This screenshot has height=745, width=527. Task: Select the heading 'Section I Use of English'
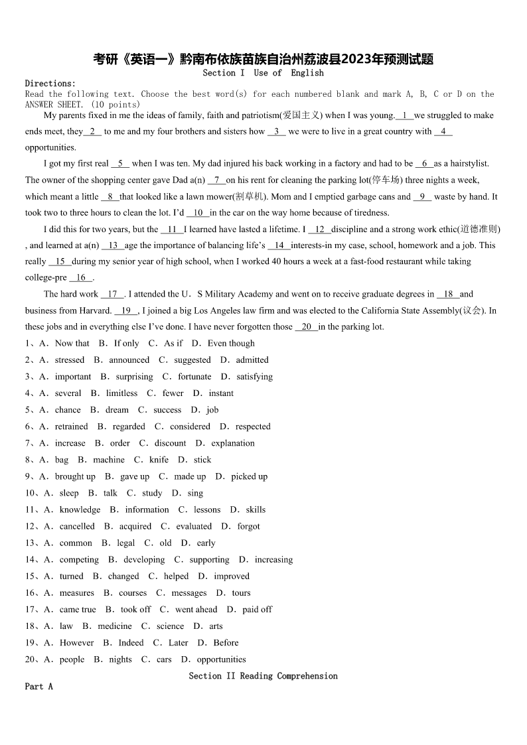263,73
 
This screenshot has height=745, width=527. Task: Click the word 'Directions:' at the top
50,84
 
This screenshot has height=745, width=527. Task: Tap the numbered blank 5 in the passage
120,164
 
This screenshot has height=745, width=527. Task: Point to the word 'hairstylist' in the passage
470,164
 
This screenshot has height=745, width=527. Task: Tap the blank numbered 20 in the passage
306,327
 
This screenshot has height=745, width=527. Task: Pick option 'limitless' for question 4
121,393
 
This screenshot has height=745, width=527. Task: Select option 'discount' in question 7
171,443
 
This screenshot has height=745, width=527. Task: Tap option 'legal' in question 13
125,543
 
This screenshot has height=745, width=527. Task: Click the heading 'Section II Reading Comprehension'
263,676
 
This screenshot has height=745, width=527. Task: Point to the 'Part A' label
38,687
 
